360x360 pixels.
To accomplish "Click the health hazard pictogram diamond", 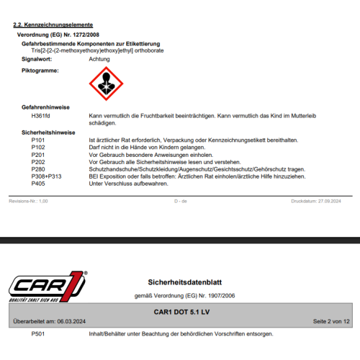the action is pos(106,86).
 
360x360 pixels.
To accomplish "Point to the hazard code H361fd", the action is pos(41,115).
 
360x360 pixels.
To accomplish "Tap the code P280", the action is pos(38,168).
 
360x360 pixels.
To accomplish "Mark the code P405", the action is pos(38,184).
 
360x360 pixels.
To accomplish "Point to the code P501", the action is pos(38,334).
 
